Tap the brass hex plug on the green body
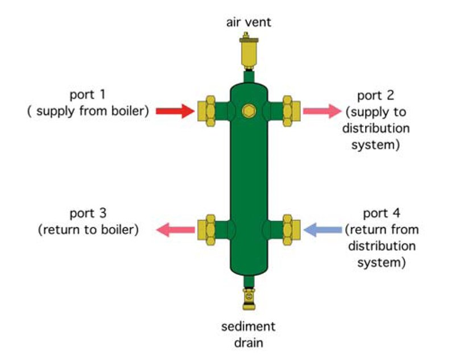[247, 110]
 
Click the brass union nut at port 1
[205, 109]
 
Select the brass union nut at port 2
[291, 109]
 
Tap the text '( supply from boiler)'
[88, 111]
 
